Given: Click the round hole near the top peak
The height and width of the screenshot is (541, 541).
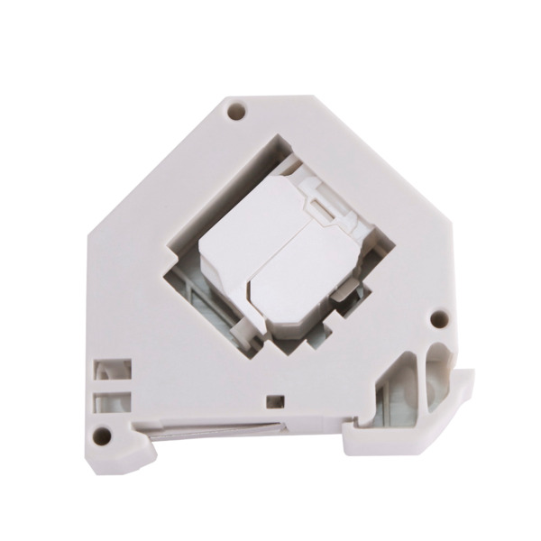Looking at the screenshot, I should coord(236,114).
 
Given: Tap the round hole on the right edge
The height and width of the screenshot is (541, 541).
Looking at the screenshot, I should coord(439,318).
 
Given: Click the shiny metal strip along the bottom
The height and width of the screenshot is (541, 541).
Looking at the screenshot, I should coord(216,430).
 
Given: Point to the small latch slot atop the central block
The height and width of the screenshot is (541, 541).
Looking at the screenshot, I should coord(320,209).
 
